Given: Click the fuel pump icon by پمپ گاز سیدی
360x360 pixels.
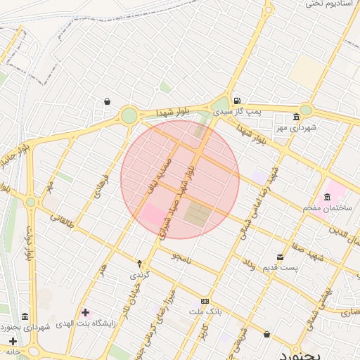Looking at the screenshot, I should [237, 101].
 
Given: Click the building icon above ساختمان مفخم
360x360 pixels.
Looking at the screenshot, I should [328, 197].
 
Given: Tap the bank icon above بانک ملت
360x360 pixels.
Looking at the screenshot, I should [205, 300].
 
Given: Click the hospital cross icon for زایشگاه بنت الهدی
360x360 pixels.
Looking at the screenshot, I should [85, 312].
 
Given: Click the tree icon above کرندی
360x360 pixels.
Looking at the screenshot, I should [139, 264].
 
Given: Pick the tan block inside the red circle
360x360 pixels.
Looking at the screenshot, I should [198, 214].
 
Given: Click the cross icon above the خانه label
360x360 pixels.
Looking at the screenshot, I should [13, 342].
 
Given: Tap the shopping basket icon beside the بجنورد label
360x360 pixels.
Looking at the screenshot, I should [267, 335].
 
